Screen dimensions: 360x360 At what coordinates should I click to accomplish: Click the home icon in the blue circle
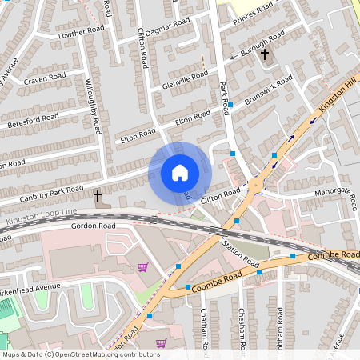[180, 172]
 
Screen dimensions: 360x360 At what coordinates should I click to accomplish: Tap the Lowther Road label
[82, 31]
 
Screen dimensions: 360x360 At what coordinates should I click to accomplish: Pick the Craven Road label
[45, 78]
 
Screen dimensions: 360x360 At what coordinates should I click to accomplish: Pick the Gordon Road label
[94, 226]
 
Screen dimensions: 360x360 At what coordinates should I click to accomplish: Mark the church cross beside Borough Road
[265, 55]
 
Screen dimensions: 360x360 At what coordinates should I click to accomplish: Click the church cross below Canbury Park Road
[98, 196]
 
